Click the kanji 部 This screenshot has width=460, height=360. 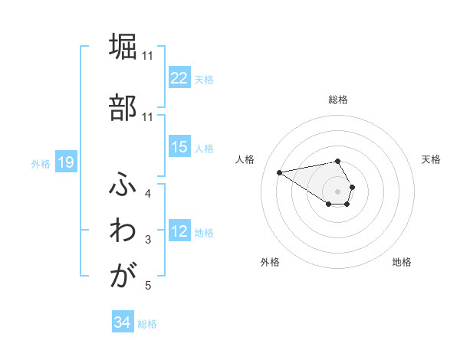pos(123,107)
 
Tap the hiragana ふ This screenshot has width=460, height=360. pos(123,184)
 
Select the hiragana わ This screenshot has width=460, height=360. pos(123,231)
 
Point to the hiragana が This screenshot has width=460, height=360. pos(123,277)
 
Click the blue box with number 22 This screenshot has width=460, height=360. pos(179,78)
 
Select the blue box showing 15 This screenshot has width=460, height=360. pos(179,147)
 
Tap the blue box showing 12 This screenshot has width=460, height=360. pos(179,232)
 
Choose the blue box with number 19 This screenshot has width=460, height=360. pos(65,162)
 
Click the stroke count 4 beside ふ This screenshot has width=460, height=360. pos(148,194)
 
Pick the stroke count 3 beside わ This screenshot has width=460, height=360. pos(148,241)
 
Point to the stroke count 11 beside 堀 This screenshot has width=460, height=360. pos(148,56)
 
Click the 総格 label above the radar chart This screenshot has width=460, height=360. pos(338,100)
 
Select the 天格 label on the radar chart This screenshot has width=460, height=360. pos(431,159)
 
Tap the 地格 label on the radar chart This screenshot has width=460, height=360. pos(402,262)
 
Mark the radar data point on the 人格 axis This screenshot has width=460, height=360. pos(280,172)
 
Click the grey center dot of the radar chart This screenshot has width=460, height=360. pos(338,191)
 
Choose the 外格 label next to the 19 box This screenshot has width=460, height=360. pos(40,163)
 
